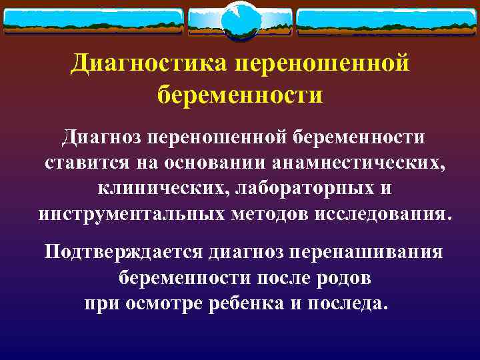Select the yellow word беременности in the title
coord(240,94)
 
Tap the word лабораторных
coord(297,189)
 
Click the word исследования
coord(386,215)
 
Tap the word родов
coord(337,277)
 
